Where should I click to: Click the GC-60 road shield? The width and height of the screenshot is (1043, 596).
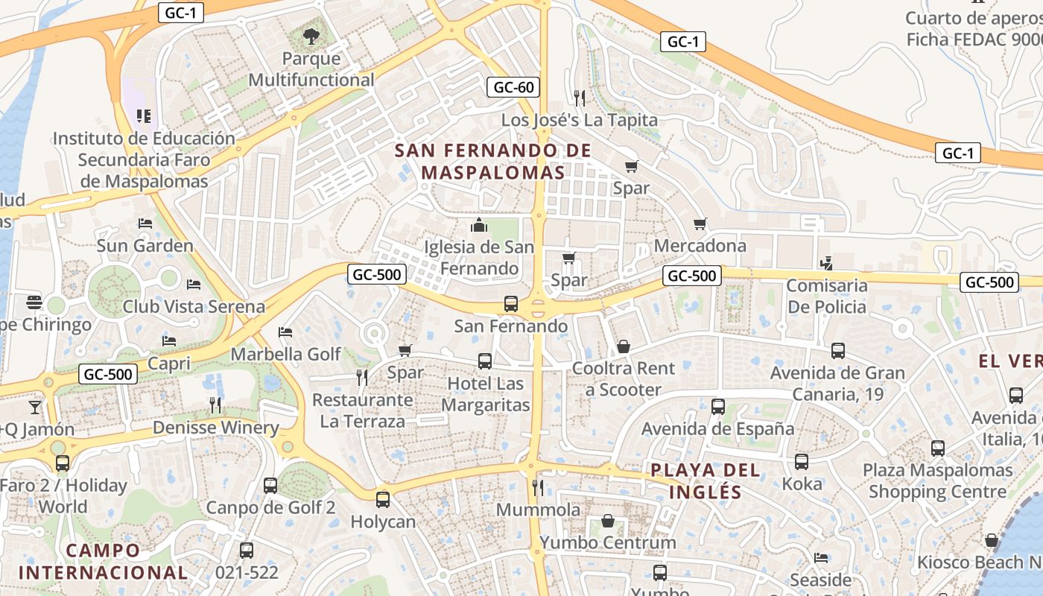point(514,87)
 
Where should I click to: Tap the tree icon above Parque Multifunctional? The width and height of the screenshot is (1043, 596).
point(311,35)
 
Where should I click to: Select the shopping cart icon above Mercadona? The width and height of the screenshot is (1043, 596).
point(700,223)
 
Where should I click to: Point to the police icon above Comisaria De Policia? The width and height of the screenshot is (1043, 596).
point(825,263)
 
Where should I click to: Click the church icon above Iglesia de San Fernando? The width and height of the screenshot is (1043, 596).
point(479,224)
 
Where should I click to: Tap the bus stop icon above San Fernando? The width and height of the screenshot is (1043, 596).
point(511,303)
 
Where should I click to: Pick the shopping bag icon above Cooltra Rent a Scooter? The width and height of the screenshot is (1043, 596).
point(623,346)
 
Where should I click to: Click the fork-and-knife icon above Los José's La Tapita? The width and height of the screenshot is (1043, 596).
point(579,98)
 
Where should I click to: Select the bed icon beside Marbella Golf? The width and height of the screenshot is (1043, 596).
point(285,332)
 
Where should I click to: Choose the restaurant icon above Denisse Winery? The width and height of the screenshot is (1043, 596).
point(215,405)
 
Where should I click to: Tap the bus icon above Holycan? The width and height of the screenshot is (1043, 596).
point(383,499)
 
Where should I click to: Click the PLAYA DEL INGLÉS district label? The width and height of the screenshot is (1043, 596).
point(706,481)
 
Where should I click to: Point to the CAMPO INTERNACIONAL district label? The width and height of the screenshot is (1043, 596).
point(103,562)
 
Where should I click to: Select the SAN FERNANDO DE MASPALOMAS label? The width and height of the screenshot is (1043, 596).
point(493,161)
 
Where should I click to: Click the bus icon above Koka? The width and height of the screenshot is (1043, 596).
point(802,461)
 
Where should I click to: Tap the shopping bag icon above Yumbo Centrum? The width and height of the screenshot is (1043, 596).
point(608,520)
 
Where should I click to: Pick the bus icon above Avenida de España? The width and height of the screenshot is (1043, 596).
point(718,406)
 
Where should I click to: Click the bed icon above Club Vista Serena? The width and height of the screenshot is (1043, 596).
point(194,284)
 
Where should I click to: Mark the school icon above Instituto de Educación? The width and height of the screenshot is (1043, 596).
point(144,115)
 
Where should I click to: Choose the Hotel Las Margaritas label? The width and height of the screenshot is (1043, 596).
point(486,394)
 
